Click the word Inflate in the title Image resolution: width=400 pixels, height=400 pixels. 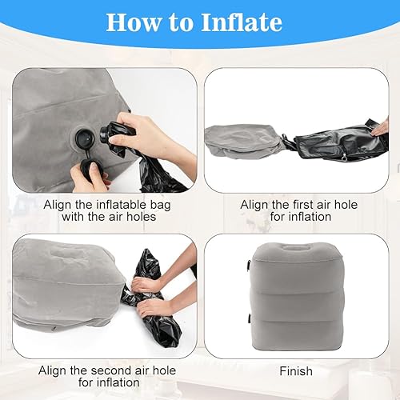tap(242, 22)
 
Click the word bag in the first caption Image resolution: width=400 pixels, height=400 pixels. tap(160, 206)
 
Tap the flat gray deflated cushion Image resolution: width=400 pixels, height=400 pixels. tap(242, 142)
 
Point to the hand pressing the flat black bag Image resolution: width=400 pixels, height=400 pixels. tap(381, 126)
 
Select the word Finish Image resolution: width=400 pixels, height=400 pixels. tap(296, 371)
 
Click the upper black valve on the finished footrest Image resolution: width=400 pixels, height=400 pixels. tap(248, 266)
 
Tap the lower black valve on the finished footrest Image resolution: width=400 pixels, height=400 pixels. tap(250, 318)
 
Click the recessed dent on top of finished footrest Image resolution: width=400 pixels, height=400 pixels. tap(295, 246)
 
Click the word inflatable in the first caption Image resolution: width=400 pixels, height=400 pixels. tap(121, 205)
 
